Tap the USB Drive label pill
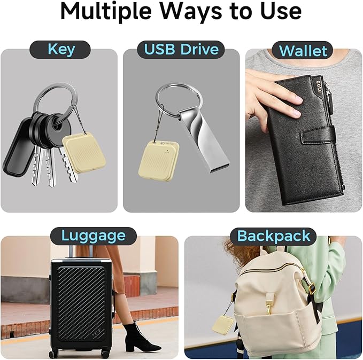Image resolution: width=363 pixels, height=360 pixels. coord(181,50)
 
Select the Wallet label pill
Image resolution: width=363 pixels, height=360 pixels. coord(303,51)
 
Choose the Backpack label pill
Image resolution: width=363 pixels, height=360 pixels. coord(273,236)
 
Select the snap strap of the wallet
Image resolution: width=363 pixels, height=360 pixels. coord(321,134)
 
